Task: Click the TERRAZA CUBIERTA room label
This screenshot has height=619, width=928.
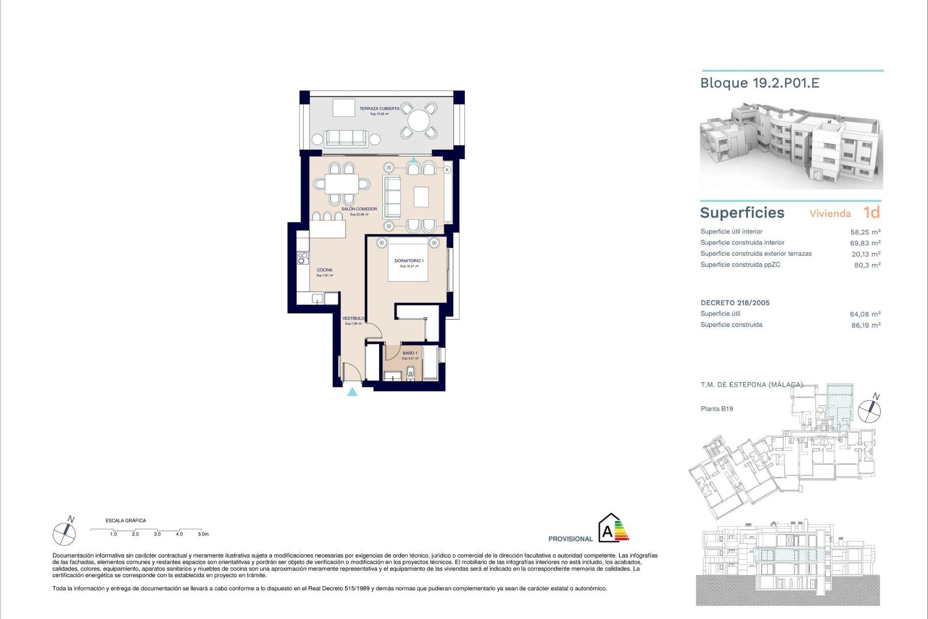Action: pos(379,109)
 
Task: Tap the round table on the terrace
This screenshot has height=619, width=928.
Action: pos(419,121)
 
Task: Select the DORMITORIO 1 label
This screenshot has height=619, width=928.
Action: pos(409,261)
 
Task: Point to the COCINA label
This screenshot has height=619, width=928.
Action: pos(324,270)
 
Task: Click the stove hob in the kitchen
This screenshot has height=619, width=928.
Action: pos(303,258)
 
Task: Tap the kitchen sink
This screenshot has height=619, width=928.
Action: pos(317,298)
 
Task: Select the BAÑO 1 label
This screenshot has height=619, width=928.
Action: pos(409,354)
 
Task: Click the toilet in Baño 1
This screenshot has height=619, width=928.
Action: pos(411,372)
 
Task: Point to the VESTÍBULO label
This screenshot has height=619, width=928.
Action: pos(353,319)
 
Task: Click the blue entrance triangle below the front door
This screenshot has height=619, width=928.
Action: pos(352,392)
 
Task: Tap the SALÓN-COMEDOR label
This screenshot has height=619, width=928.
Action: pos(359,209)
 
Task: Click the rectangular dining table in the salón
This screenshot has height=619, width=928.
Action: pos(341,184)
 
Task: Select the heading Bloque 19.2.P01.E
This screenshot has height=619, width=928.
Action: pos(760,83)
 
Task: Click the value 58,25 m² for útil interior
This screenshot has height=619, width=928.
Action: pos(865,232)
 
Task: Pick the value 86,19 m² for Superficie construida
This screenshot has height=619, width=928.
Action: pos(866,325)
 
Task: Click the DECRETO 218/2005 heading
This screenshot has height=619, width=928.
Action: pos(735,303)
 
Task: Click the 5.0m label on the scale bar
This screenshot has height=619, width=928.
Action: pos(203,534)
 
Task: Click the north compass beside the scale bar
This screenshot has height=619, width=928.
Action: pos(64,533)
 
